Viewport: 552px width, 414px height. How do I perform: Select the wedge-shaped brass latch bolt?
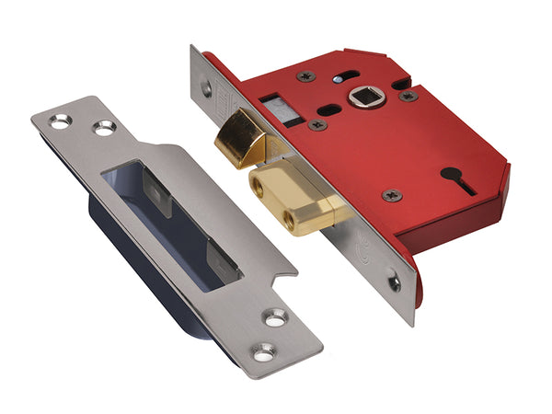[242, 136]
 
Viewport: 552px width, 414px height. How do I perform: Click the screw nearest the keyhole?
[391, 194]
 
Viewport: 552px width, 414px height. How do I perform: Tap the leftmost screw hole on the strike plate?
[60, 121]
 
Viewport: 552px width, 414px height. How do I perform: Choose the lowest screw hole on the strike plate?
[265, 351]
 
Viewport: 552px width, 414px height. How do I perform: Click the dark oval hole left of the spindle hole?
[331, 108]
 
